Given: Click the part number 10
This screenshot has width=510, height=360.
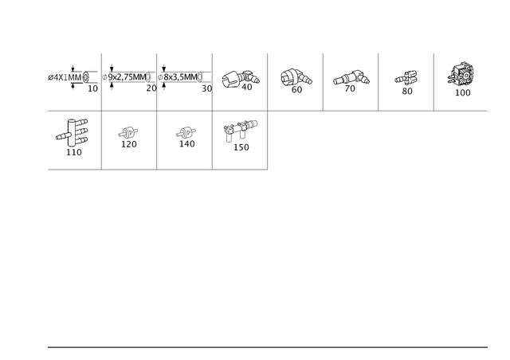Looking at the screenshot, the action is click(92, 88).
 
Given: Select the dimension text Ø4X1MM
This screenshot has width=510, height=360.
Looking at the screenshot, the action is click(65, 78).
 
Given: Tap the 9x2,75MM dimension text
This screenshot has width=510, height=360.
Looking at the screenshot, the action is click(127, 77).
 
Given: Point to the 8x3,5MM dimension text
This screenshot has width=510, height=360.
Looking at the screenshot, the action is click(181, 77).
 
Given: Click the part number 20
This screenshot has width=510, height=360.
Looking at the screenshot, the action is click(151, 88).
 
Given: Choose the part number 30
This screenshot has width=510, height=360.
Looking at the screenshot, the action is click(207, 88).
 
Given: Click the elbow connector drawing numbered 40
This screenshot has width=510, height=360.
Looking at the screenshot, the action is click(241, 79).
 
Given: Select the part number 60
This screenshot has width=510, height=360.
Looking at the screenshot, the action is click(296, 89).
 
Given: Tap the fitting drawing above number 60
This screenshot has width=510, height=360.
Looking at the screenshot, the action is click(296, 77).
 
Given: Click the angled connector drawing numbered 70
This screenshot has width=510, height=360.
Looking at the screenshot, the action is click(351, 78).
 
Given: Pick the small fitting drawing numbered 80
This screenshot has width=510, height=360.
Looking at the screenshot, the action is click(406, 78).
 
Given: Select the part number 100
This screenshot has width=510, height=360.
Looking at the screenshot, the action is click(462, 92).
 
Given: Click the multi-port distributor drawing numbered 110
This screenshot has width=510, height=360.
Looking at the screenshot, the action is click(72, 133).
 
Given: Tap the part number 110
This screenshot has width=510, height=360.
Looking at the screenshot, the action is click(74, 152).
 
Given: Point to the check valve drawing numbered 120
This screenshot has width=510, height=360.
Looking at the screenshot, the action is click(127, 133).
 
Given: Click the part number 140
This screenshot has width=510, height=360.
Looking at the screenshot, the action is click(187, 143).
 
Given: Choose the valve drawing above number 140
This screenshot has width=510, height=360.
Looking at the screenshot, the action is click(186, 132).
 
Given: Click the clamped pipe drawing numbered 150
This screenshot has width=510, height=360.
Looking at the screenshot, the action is click(240, 130).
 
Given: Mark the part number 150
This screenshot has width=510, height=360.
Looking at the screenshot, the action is click(241, 147).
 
